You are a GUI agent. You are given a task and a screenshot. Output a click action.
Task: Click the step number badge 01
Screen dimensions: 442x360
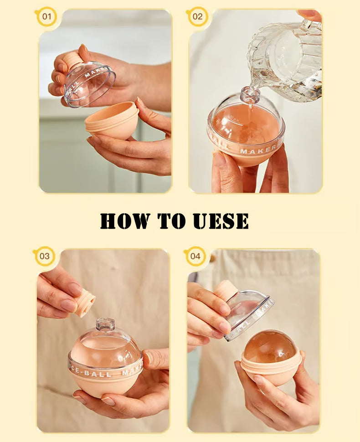click(46, 17)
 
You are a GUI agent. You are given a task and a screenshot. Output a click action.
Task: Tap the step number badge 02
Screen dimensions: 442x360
click(197, 17)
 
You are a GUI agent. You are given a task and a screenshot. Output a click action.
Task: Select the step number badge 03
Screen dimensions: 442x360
click(44, 256)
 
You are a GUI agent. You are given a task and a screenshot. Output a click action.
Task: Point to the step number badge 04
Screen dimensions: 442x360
click(195, 256)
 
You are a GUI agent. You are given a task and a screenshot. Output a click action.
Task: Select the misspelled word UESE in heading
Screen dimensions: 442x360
click(221, 221)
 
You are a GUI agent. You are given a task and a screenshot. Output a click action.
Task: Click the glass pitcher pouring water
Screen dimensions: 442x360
click(287, 59)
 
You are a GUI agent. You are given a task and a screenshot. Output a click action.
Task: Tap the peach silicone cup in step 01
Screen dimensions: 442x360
click(112, 121)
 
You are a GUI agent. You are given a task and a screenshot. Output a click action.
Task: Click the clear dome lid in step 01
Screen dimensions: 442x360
click(90, 84)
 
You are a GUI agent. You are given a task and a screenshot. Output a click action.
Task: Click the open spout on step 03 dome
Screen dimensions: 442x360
click(105, 324)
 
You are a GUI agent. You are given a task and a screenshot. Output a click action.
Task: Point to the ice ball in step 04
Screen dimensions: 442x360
click(269, 346)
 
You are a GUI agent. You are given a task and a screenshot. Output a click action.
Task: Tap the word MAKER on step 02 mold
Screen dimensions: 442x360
click(257, 150)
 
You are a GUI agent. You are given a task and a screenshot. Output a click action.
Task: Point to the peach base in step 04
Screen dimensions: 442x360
click(271, 371)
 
